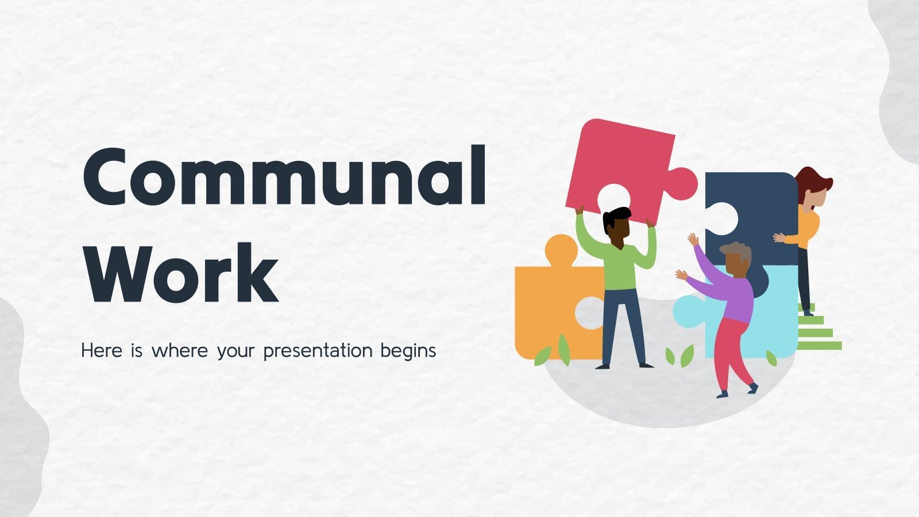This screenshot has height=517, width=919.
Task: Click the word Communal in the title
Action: pyautogui.click(x=284, y=176)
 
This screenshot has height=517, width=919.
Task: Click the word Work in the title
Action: pyautogui.click(x=182, y=274)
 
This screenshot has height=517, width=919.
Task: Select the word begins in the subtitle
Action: pyautogui.click(x=408, y=351)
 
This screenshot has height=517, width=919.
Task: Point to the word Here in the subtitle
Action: pyautogui.click(x=102, y=350)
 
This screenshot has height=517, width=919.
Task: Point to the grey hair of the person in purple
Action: pyautogui.click(x=737, y=250)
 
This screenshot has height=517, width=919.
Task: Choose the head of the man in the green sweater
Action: pyautogui.click(x=617, y=224)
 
